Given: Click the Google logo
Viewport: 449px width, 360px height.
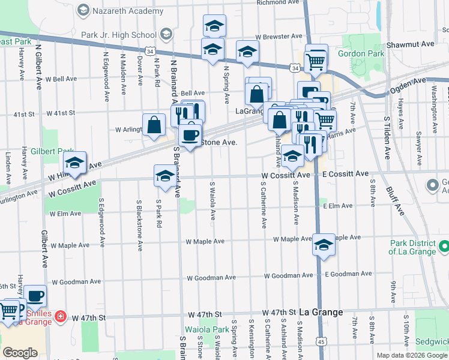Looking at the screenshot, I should [x=20, y=352].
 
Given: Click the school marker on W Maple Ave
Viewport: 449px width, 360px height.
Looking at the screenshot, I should [x=324, y=245].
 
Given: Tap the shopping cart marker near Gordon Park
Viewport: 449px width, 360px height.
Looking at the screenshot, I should [x=316, y=59].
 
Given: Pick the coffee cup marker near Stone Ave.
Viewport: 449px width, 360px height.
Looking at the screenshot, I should [x=190, y=135].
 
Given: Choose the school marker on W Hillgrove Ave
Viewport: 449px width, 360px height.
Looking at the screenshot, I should [x=75, y=163].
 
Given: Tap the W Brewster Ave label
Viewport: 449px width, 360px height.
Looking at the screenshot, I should [x=271, y=36].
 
